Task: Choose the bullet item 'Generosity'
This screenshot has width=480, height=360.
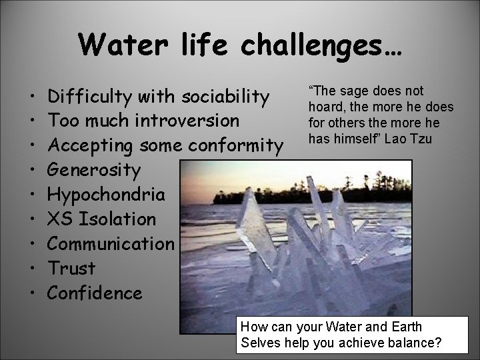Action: click(95, 170)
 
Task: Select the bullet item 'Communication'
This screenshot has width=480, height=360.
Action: click(111, 243)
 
